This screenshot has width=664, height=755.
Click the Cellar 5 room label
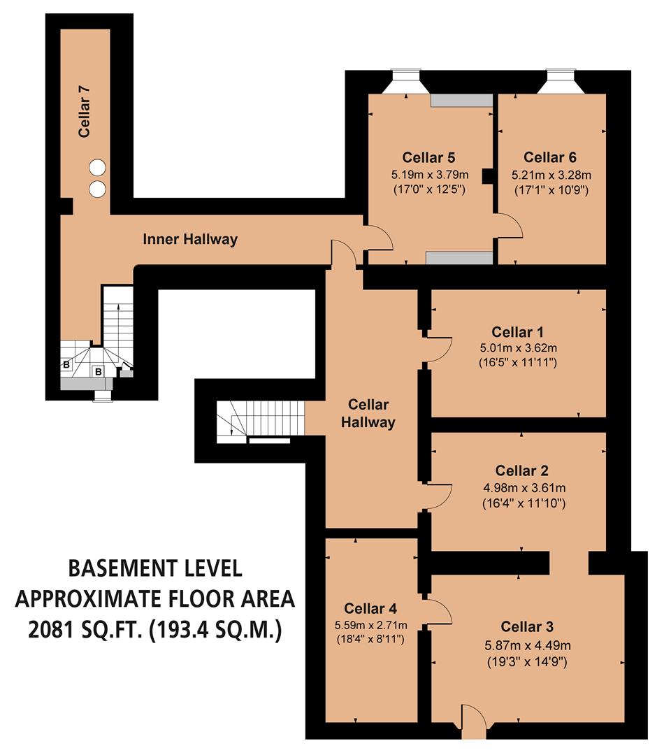point(430,157)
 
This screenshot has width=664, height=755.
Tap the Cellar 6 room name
point(551,157)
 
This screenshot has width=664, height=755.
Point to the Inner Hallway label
point(190,240)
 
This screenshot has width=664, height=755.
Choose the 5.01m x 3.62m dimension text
point(517,347)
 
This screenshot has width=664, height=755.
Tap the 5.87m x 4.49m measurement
point(528,644)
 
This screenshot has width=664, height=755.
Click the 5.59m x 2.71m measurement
point(371,624)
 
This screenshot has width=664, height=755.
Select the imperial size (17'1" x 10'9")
point(551,189)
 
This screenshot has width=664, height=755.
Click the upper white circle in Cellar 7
point(97,167)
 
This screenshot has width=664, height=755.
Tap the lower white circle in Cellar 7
point(97,188)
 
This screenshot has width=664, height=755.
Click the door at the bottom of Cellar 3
point(474,720)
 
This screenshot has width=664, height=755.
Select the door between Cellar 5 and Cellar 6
point(507,226)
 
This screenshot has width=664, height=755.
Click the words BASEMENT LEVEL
point(155,568)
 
